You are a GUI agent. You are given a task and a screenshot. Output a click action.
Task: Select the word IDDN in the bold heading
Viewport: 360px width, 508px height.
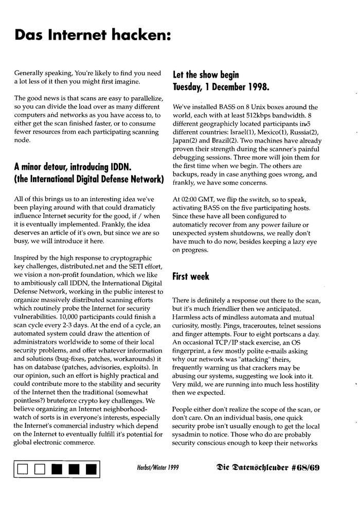point(122,167)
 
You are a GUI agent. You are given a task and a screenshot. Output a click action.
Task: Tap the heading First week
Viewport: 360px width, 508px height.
point(191,277)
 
